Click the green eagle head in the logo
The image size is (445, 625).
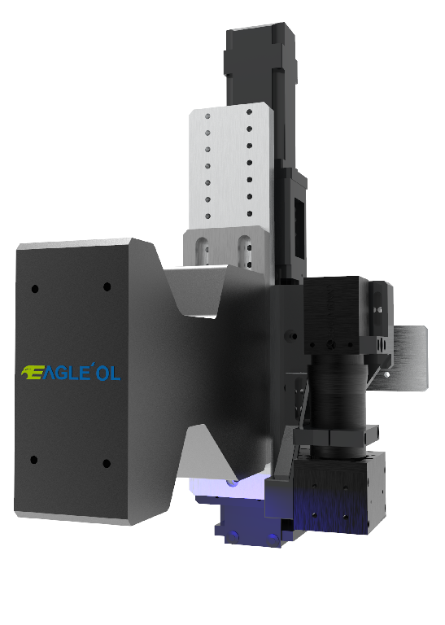point(29,372)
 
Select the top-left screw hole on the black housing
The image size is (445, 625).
point(35,289)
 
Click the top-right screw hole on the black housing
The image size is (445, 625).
point(107,286)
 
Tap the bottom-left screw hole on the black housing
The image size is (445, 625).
point(34,460)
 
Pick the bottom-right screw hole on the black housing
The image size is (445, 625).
point(107,463)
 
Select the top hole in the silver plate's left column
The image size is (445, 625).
point(207,116)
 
